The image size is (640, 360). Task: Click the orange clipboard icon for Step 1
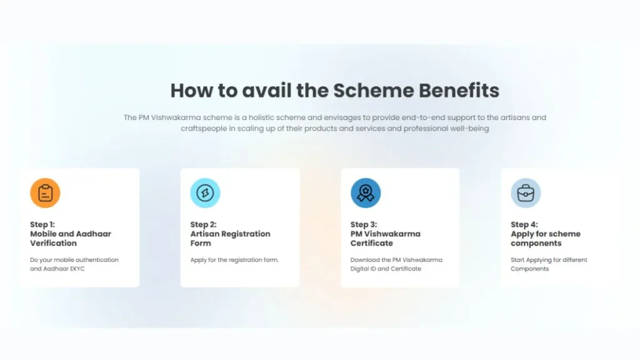(45, 193)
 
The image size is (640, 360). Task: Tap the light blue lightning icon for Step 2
(205, 193)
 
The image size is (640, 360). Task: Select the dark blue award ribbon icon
(366, 193)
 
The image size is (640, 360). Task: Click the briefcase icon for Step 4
(526, 193)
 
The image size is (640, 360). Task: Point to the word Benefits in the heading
(459, 91)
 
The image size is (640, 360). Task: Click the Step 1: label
(42, 224)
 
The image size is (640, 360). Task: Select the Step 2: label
(203, 224)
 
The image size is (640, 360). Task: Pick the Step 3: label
(364, 224)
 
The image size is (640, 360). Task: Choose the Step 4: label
(524, 224)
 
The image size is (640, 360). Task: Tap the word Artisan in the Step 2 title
(207, 234)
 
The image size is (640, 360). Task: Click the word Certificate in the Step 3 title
(372, 243)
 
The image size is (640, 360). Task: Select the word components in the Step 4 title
(536, 243)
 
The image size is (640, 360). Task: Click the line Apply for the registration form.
(234, 260)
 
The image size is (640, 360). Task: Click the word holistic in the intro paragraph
(264, 117)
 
